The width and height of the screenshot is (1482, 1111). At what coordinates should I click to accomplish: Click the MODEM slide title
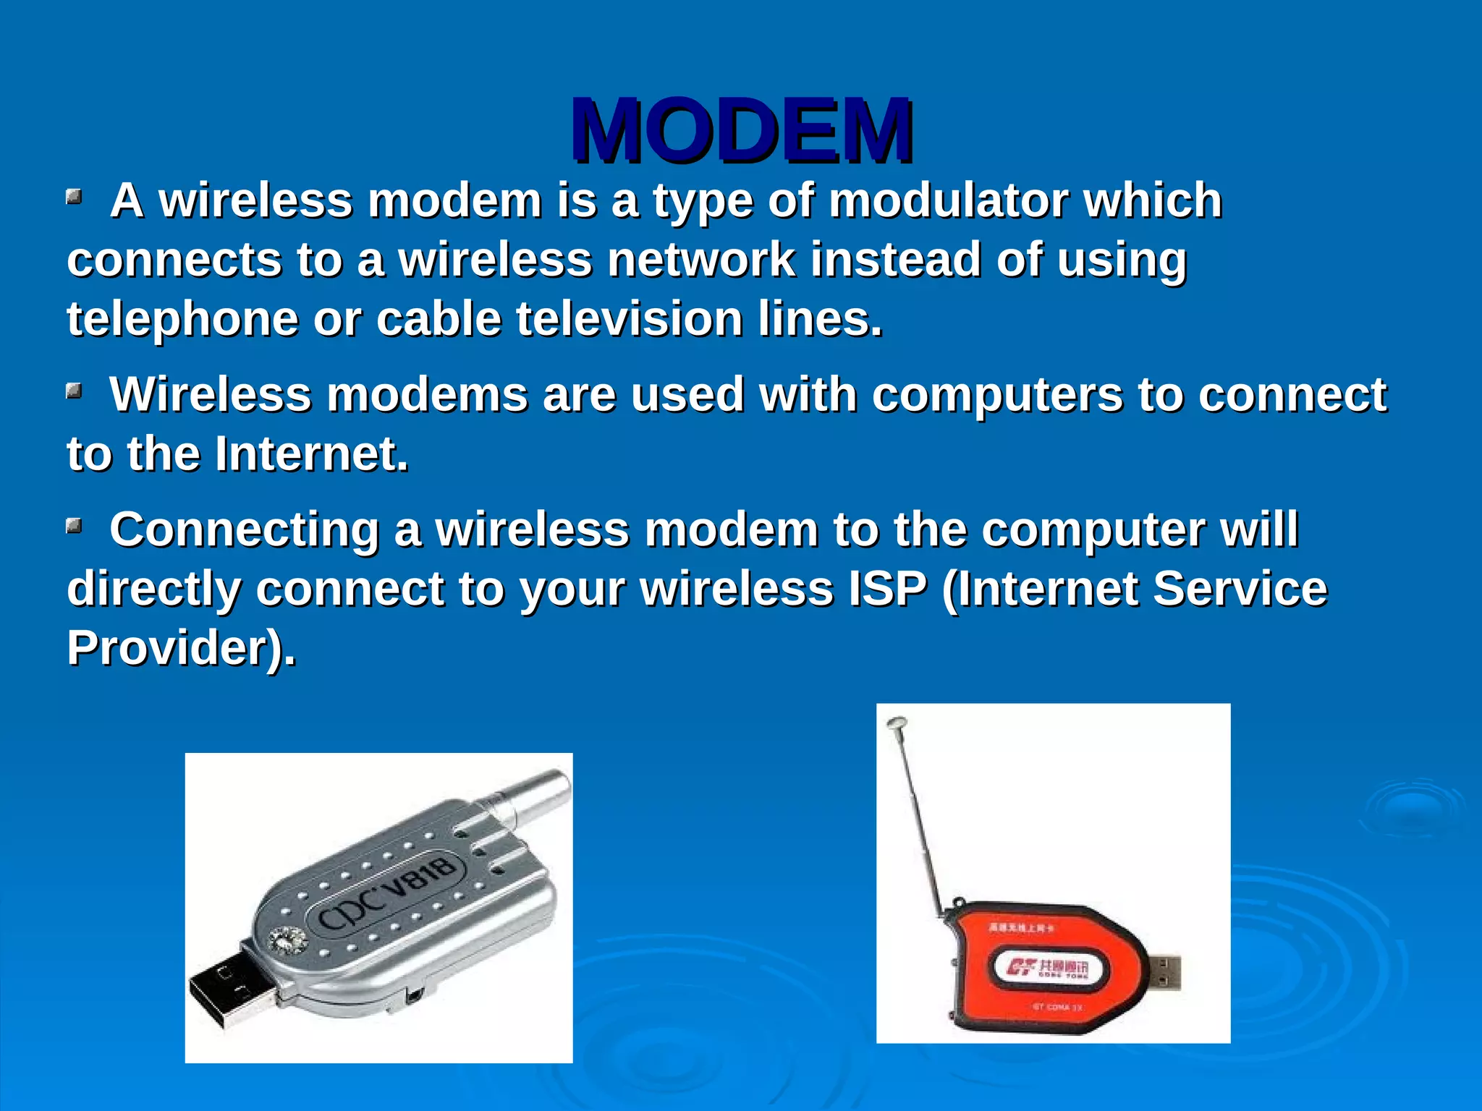[741, 130]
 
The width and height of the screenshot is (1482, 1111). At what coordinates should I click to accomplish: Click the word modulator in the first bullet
[948, 200]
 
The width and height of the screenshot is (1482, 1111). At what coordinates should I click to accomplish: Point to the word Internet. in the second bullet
[311, 454]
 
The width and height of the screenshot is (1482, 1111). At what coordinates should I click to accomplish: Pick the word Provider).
[181, 647]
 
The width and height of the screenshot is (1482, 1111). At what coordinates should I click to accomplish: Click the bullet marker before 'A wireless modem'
[74, 197]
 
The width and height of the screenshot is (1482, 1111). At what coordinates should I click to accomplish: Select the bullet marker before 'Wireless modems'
[74, 391]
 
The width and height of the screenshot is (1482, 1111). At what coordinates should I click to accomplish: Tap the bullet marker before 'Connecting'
[74, 526]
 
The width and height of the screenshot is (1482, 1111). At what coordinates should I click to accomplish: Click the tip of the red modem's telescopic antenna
[897, 723]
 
